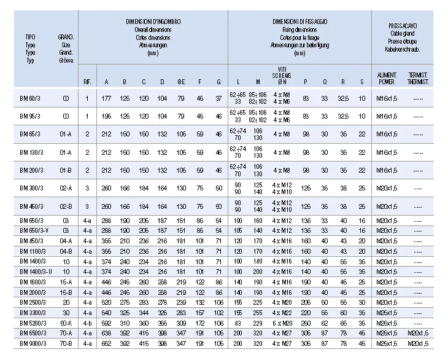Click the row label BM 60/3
pos(31,98)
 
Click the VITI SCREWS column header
pos(282,74)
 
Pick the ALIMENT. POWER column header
pos(387,78)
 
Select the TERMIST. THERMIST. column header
pos(418,78)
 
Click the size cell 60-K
pos(66,322)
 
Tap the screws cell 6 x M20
pos(282,322)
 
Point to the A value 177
pos(106,98)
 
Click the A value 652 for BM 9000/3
pos(106,343)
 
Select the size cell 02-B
pos(66,206)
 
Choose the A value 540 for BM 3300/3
pos(106,311)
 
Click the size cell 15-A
pos(66,281)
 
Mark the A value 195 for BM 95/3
pos(106,115)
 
